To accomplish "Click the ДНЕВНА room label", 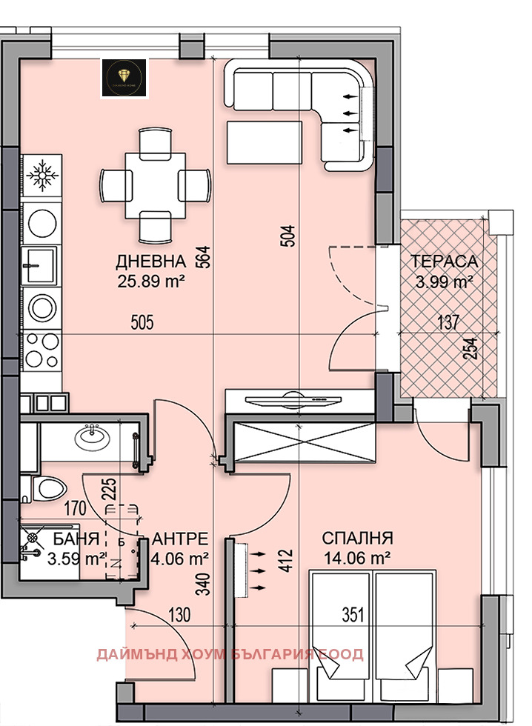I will pyautogui.click(x=150, y=262).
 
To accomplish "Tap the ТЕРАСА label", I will pyautogui.click(x=445, y=262).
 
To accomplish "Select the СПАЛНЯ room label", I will pyautogui.click(x=357, y=539).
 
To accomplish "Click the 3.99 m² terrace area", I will pyautogui.click(x=443, y=282).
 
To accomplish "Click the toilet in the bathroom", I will pyautogui.click(x=44, y=487).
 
